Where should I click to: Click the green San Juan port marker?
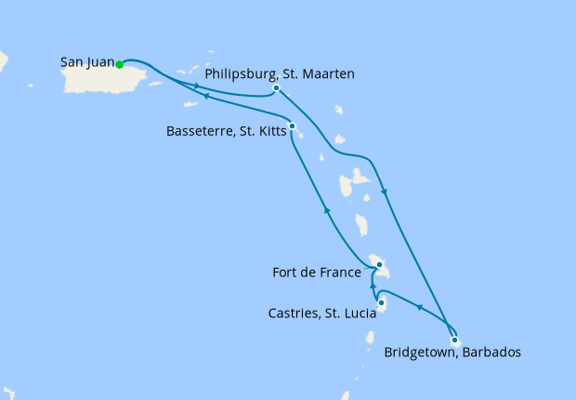click(x=120, y=64)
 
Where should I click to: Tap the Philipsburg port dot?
click(x=277, y=88)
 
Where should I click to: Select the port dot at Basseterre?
click(x=292, y=126)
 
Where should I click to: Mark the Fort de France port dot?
click(x=379, y=264)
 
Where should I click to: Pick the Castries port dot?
click(x=382, y=302)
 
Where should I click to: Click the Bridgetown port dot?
click(x=454, y=340)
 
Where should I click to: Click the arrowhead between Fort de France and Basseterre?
click(x=326, y=211)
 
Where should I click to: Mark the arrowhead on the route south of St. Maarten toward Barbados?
click(x=385, y=192)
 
